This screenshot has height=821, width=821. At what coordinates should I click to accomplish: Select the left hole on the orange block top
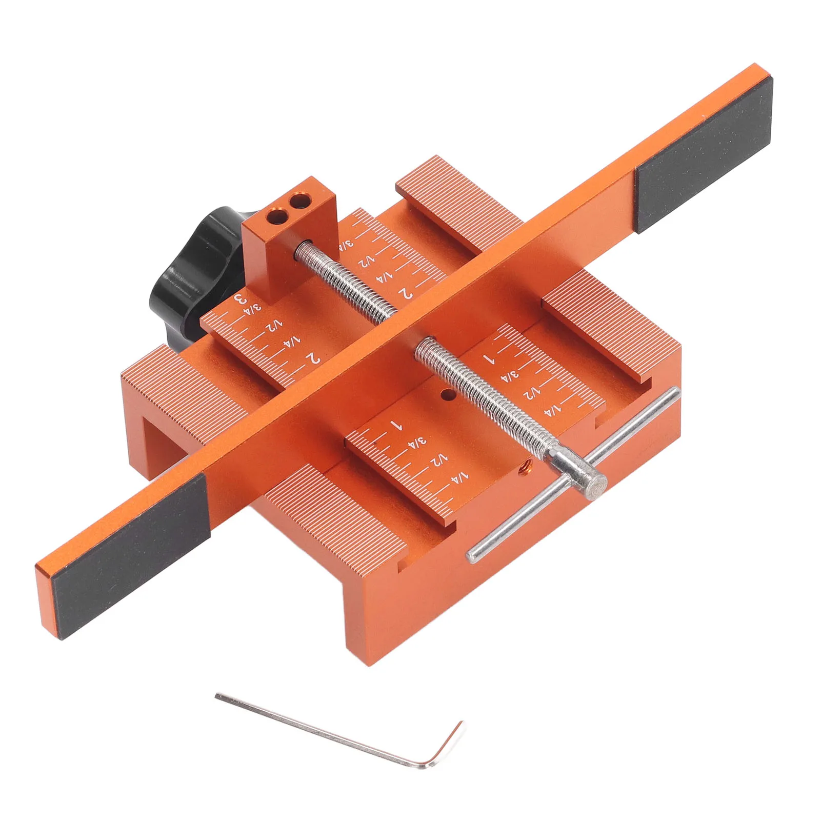point(278,216)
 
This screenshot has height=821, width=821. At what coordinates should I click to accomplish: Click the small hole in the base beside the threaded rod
point(448,395)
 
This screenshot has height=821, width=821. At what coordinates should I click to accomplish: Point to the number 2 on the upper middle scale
point(406,292)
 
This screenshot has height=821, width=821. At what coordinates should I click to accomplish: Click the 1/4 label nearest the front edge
point(461,477)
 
